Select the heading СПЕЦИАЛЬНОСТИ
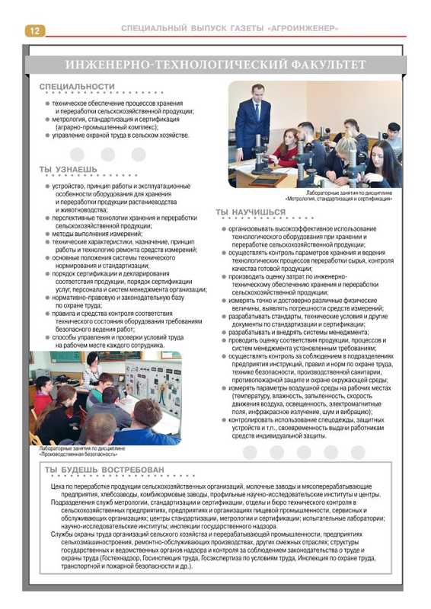(x=77, y=87)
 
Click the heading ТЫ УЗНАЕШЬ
(x=69, y=168)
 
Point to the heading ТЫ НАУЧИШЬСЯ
(x=251, y=212)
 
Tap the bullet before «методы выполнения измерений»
(x=47, y=234)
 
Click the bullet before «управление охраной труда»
(x=47, y=135)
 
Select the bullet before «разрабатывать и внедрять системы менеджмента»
(x=224, y=333)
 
